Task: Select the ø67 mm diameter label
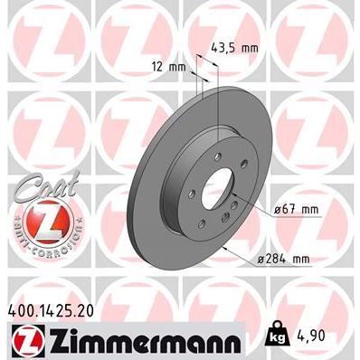point(296,210)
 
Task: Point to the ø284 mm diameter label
point(285,259)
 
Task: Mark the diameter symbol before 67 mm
point(276,210)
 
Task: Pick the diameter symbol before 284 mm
point(261,259)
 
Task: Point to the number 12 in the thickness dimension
point(159,66)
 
